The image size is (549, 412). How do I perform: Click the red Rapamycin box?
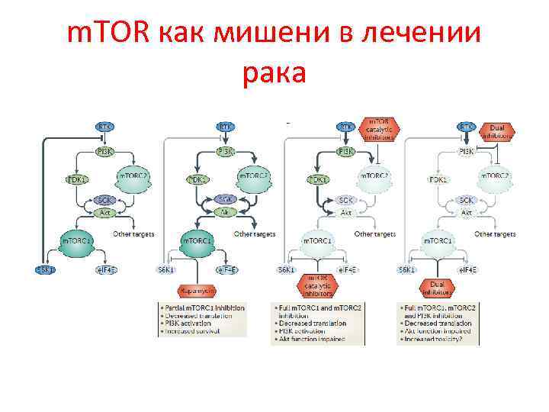(197, 291)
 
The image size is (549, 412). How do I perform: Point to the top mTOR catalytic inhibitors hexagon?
(381, 129)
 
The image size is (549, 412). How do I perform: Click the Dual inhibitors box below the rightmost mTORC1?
(438, 288)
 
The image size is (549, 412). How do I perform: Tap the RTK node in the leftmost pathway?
(105, 126)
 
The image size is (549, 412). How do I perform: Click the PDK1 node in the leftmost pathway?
(76, 179)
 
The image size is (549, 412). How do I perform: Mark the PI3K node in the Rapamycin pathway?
(225, 152)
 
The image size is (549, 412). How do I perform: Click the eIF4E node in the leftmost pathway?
(108, 269)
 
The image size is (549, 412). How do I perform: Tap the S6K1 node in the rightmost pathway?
(406, 269)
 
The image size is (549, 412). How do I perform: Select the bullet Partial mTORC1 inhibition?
(203, 307)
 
